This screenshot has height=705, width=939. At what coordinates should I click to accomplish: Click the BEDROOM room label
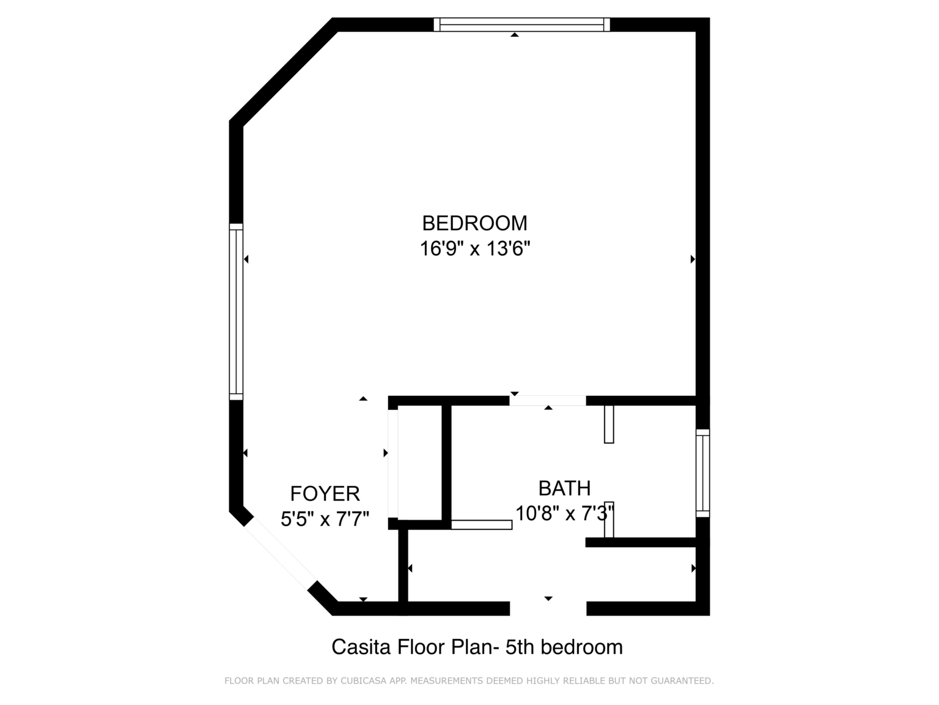tap(474, 223)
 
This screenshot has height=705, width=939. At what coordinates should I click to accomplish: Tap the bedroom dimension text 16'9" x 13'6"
tap(475, 248)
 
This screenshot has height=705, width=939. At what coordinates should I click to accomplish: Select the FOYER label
tap(325, 493)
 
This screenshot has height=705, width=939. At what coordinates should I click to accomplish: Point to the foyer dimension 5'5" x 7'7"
tap(325, 519)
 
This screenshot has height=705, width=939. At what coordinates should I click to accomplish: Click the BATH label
tap(565, 488)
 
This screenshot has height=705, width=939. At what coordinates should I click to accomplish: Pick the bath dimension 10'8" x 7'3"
tap(565, 513)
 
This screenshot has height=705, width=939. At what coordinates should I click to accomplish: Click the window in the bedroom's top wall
tap(521, 24)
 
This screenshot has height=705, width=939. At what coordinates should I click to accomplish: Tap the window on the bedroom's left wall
tap(236, 311)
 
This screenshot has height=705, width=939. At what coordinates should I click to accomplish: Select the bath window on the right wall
tap(702, 473)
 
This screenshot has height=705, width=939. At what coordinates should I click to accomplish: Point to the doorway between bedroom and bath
tap(548, 401)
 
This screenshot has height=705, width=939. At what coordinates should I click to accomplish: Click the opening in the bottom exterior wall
tap(548, 608)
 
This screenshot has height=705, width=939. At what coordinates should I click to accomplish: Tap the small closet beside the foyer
tap(419, 464)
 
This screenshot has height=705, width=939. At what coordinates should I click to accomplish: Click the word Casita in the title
tap(361, 647)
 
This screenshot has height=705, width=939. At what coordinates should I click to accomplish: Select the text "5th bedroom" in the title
tap(564, 647)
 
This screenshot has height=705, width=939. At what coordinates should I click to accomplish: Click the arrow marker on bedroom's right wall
tap(693, 259)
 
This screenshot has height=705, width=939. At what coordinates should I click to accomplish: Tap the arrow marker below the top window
tap(515, 35)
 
